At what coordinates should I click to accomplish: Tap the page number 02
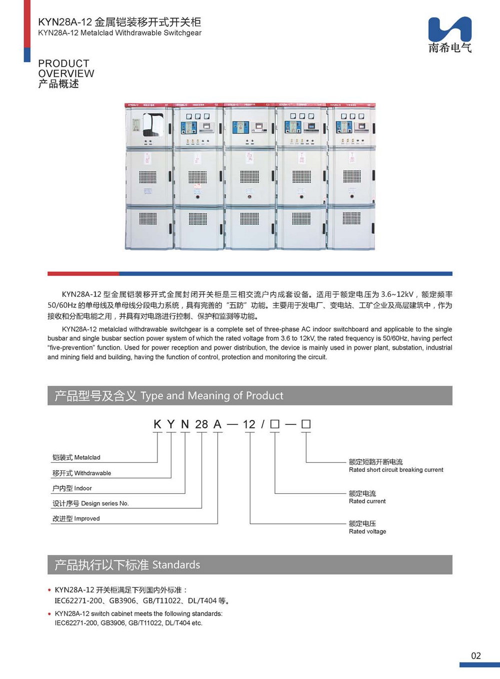475,655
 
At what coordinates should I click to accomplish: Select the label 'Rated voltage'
367,531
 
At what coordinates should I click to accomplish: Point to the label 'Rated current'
367,501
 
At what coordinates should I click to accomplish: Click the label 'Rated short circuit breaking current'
396,470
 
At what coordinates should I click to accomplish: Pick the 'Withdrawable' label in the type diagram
92,473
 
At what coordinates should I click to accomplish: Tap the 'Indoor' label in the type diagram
83,488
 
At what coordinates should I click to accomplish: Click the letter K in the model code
157,424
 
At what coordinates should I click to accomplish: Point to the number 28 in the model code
201,424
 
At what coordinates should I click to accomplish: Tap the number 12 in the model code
249,424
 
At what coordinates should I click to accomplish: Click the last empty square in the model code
306,424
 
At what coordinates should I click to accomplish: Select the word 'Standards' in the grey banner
176,565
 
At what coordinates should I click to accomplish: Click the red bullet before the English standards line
49,614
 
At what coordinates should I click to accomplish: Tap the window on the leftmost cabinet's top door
153,125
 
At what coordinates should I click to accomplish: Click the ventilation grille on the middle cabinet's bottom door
249,218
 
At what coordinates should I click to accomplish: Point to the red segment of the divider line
83,274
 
